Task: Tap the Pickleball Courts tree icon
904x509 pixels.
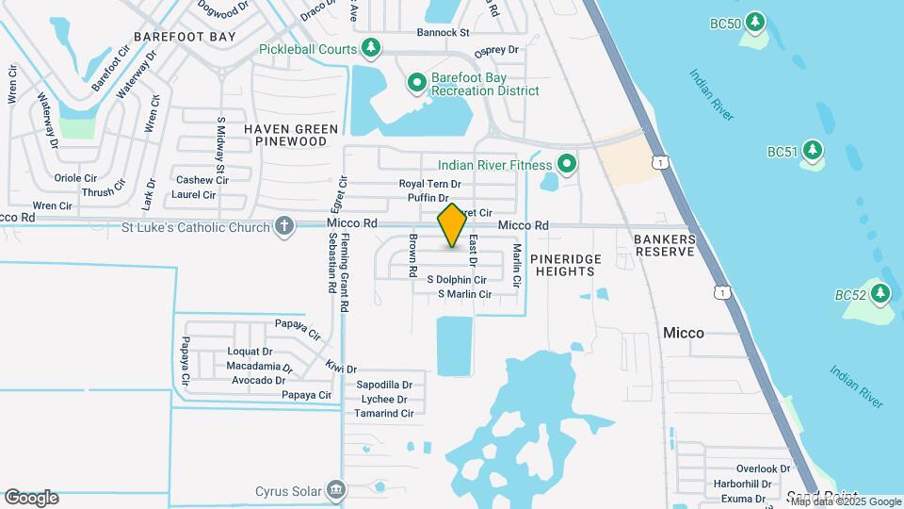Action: [x=372, y=48]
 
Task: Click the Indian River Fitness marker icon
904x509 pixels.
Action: [x=566, y=165]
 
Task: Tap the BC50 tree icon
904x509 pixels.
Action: [x=754, y=23]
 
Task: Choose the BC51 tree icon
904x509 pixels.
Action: [x=812, y=151]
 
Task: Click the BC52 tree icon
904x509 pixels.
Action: [x=880, y=294]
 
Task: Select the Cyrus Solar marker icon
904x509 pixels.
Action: [x=336, y=490]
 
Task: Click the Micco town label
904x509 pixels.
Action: [x=684, y=333]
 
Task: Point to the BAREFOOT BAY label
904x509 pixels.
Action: [x=185, y=36]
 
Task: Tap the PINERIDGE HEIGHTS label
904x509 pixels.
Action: [x=563, y=265]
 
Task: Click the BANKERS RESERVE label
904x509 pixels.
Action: [x=665, y=246]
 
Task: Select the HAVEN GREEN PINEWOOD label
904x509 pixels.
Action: [x=291, y=135]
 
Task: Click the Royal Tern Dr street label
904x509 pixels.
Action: [x=429, y=184]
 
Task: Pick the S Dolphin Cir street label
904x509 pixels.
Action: [x=457, y=280]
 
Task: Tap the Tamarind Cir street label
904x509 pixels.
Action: [x=385, y=414]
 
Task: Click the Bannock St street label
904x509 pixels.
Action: [x=444, y=32]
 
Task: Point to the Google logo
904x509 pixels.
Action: [x=31, y=498]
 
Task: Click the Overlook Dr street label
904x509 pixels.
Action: [x=763, y=468]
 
